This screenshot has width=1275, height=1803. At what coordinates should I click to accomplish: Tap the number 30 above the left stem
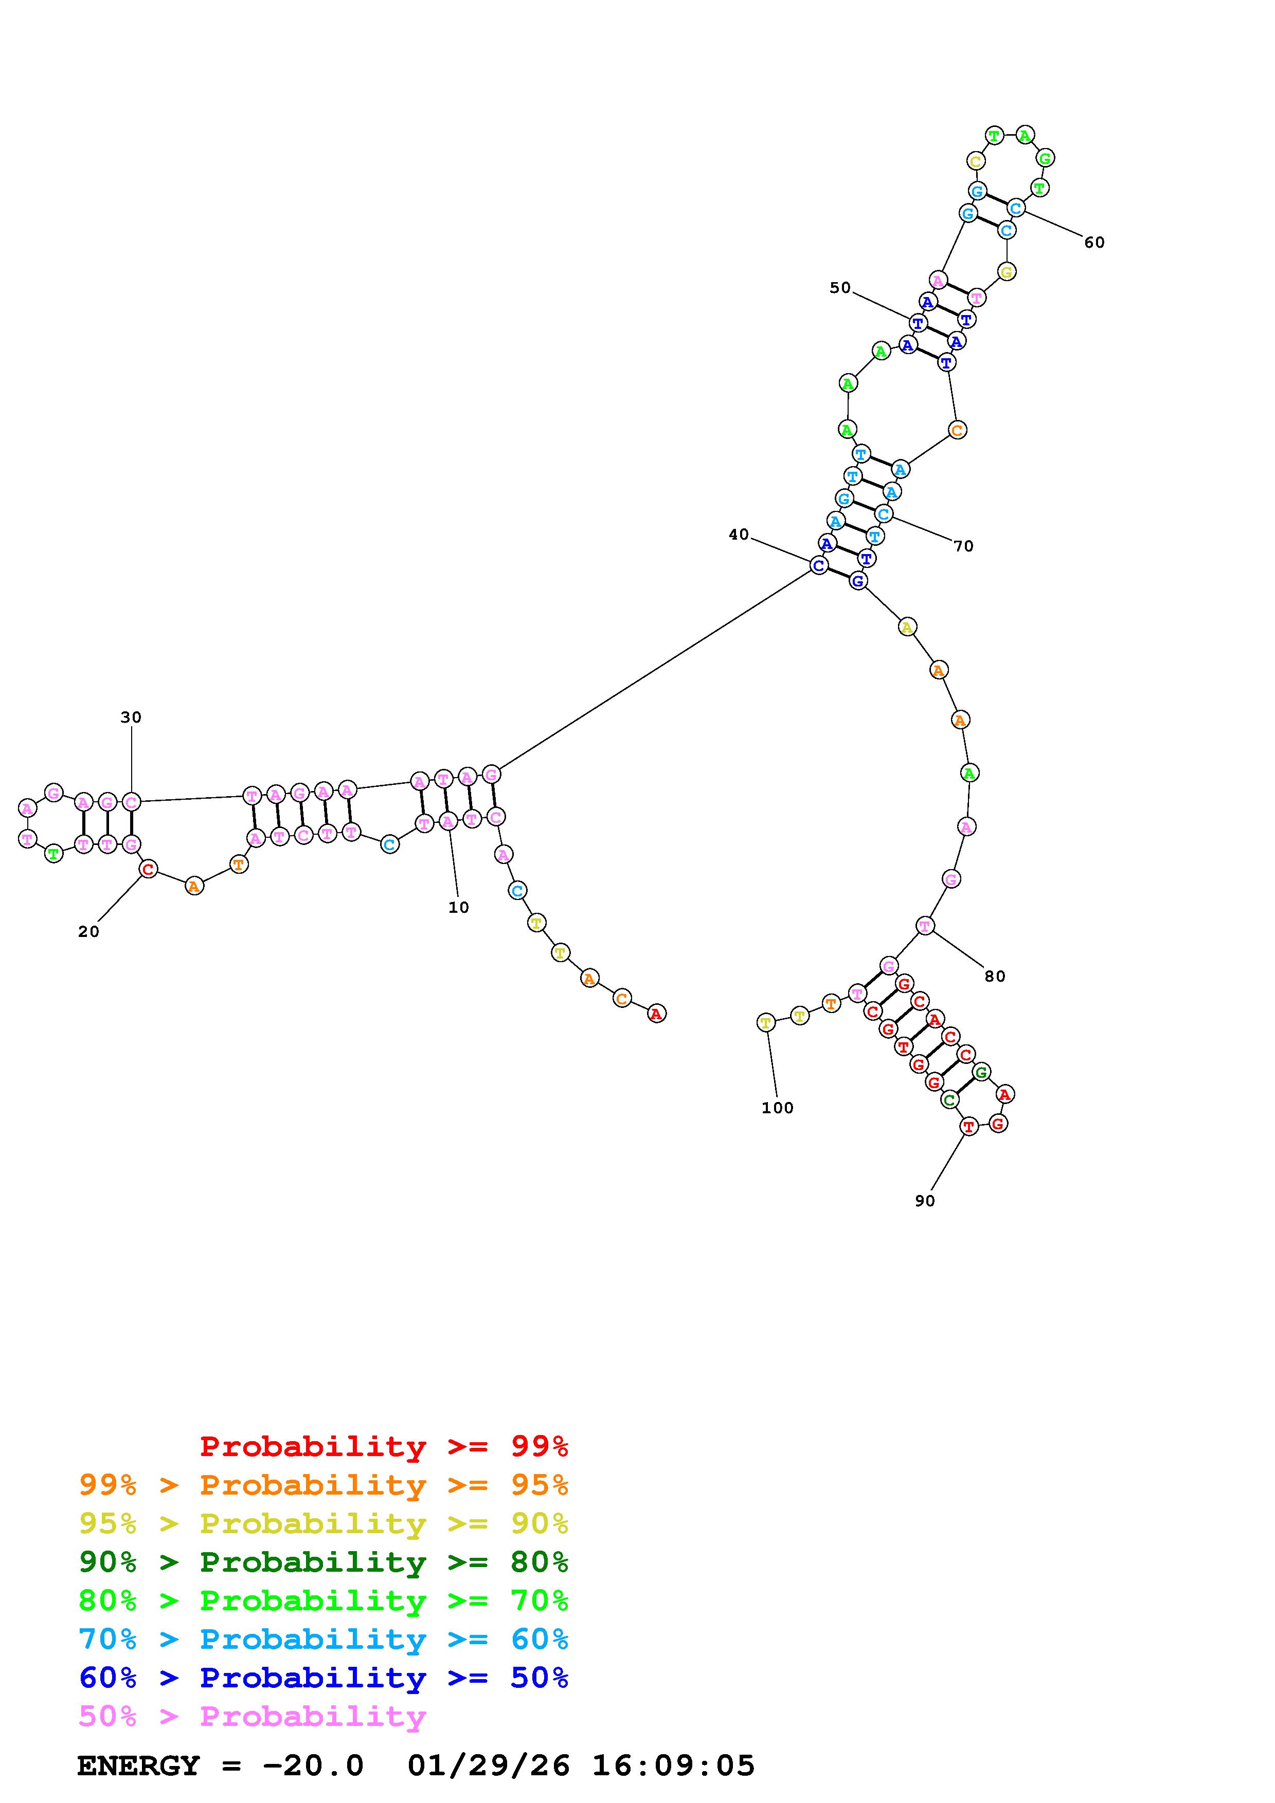point(131,717)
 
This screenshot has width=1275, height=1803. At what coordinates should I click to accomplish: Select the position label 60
point(1094,243)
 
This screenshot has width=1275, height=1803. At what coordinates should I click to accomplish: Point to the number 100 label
point(778,1108)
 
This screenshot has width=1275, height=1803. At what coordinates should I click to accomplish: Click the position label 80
point(995,976)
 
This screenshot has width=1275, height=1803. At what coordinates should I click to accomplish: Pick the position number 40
point(739,535)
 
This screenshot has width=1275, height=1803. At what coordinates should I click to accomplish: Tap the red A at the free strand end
point(656,1014)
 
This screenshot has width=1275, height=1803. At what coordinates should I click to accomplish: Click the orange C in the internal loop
point(957,430)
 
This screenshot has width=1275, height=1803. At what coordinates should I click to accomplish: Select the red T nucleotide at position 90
point(968,1127)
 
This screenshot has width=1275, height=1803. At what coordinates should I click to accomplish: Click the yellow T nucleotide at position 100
point(766,1022)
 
